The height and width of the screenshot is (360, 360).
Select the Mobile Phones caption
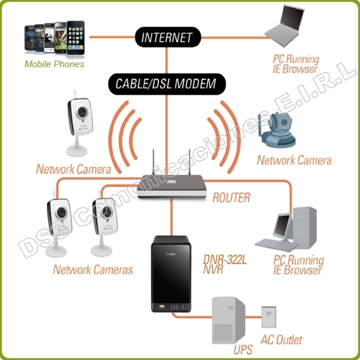pos(54,64)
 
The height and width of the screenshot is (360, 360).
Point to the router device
pos(171,187)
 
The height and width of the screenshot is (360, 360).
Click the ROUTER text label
pos(231,197)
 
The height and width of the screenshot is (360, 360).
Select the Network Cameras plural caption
pos(93,269)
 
